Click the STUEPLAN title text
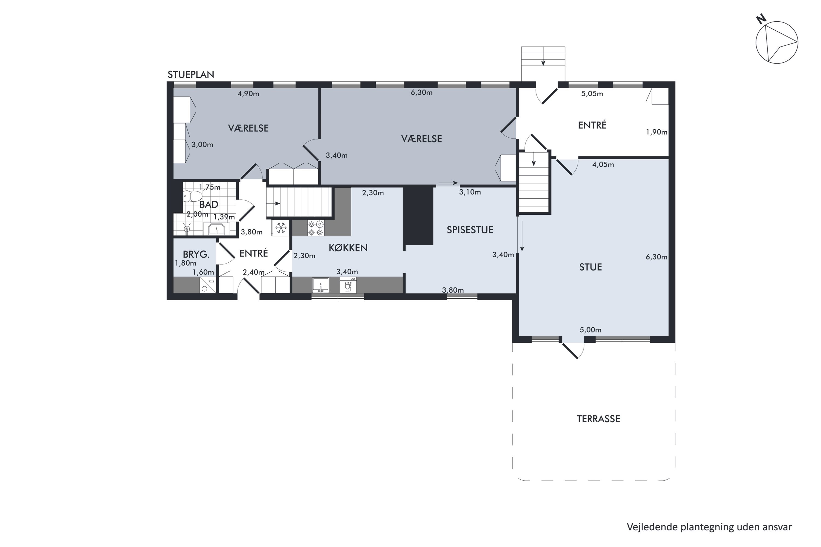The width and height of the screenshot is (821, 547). pos(191,75)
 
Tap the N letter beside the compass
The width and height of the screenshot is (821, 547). pos(761,19)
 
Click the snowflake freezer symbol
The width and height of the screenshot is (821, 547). pos(281,228)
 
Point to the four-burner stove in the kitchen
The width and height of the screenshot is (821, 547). pos(316,228)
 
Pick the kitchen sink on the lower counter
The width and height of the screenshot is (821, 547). pos(320,285)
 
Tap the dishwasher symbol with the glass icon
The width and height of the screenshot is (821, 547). pos(348,285)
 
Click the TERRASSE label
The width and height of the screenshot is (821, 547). pos(598,419)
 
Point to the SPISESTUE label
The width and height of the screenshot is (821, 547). pos(470,230)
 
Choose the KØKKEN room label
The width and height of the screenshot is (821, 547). pos(348,248)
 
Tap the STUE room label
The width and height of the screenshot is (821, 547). pos(591,267)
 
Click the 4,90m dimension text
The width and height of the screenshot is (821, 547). pos(248,94)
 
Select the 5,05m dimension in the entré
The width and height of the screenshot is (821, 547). pos(592,94)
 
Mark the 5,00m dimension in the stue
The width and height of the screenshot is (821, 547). pos(591,330)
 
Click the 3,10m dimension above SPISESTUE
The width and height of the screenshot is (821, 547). pos(470,192)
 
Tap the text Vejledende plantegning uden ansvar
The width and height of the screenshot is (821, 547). pos(709,527)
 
